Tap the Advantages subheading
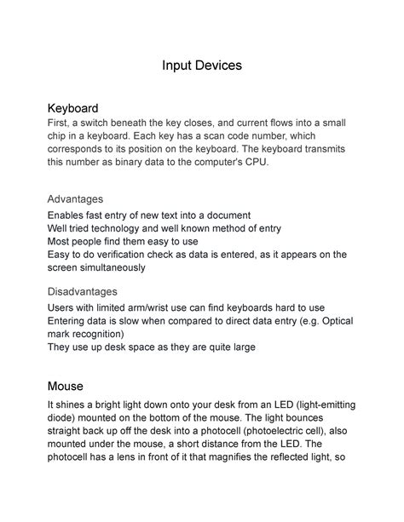(x=75, y=199)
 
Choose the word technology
(x=118, y=227)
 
